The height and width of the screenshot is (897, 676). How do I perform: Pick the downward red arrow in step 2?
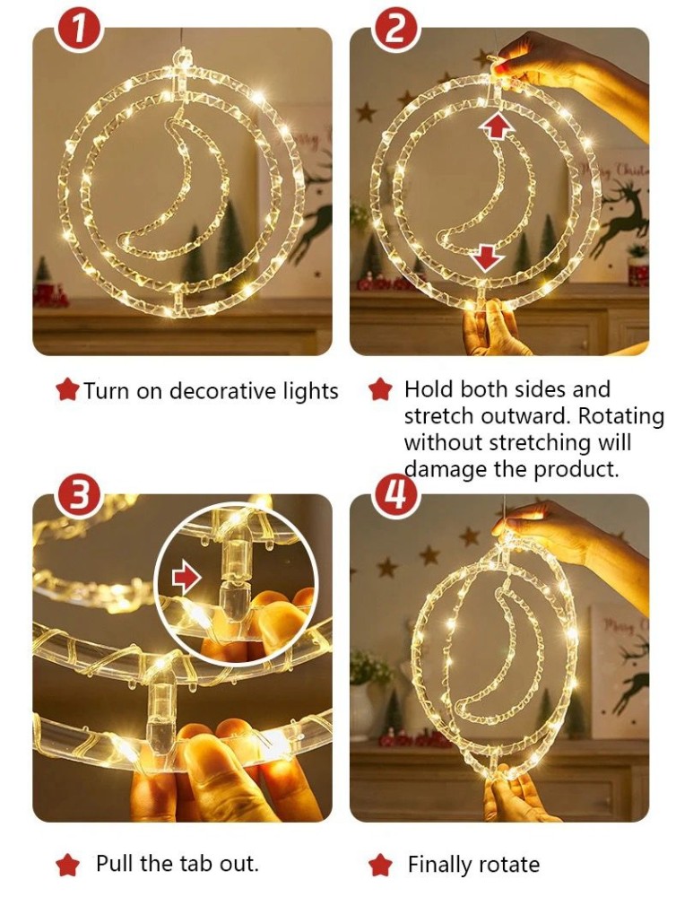click(x=487, y=257)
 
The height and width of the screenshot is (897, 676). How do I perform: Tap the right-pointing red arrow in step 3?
click(x=187, y=578)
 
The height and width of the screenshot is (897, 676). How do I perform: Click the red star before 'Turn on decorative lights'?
click(x=67, y=390)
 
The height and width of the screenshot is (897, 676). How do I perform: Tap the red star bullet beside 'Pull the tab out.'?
click(x=67, y=864)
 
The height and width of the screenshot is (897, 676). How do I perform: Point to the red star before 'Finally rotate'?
click(x=380, y=864)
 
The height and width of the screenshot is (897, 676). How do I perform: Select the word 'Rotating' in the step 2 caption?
click(x=621, y=416)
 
